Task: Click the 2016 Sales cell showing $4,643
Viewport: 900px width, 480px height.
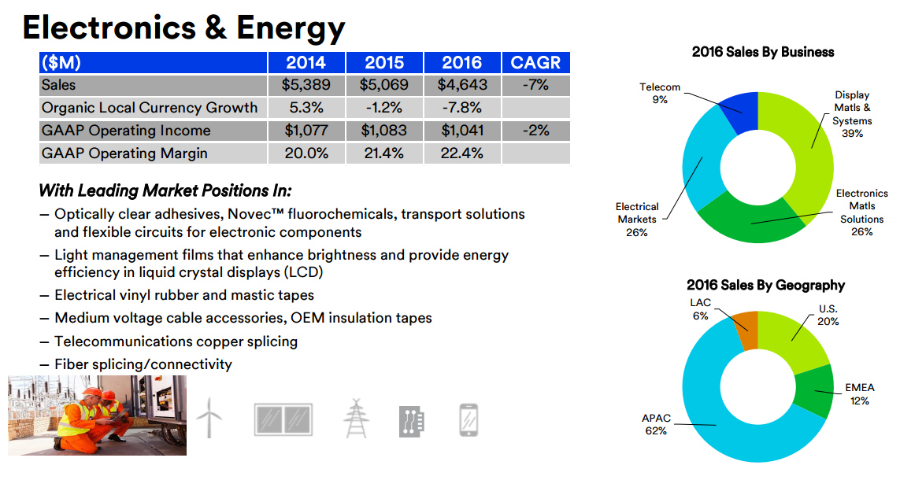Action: (462, 85)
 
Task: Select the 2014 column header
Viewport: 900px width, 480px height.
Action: (306, 63)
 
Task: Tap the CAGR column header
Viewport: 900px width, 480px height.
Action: (535, 63)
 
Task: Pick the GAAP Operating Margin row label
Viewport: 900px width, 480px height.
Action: (125, 153)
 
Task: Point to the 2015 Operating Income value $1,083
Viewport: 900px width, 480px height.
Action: (384, 131)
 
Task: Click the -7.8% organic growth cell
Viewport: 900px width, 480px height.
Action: (462, 108)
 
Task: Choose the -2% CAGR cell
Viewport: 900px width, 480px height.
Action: (535, 131)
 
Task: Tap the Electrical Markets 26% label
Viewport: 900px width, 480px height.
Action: (637, 220)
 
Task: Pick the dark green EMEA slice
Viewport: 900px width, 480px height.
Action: (813, 391)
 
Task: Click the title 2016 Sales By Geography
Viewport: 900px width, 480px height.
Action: (765, 286)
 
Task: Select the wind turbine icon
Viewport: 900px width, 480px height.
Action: (209, 418)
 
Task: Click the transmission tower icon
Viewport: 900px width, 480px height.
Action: (356, 418)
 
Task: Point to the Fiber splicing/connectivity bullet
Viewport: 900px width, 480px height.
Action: (143, 364)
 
